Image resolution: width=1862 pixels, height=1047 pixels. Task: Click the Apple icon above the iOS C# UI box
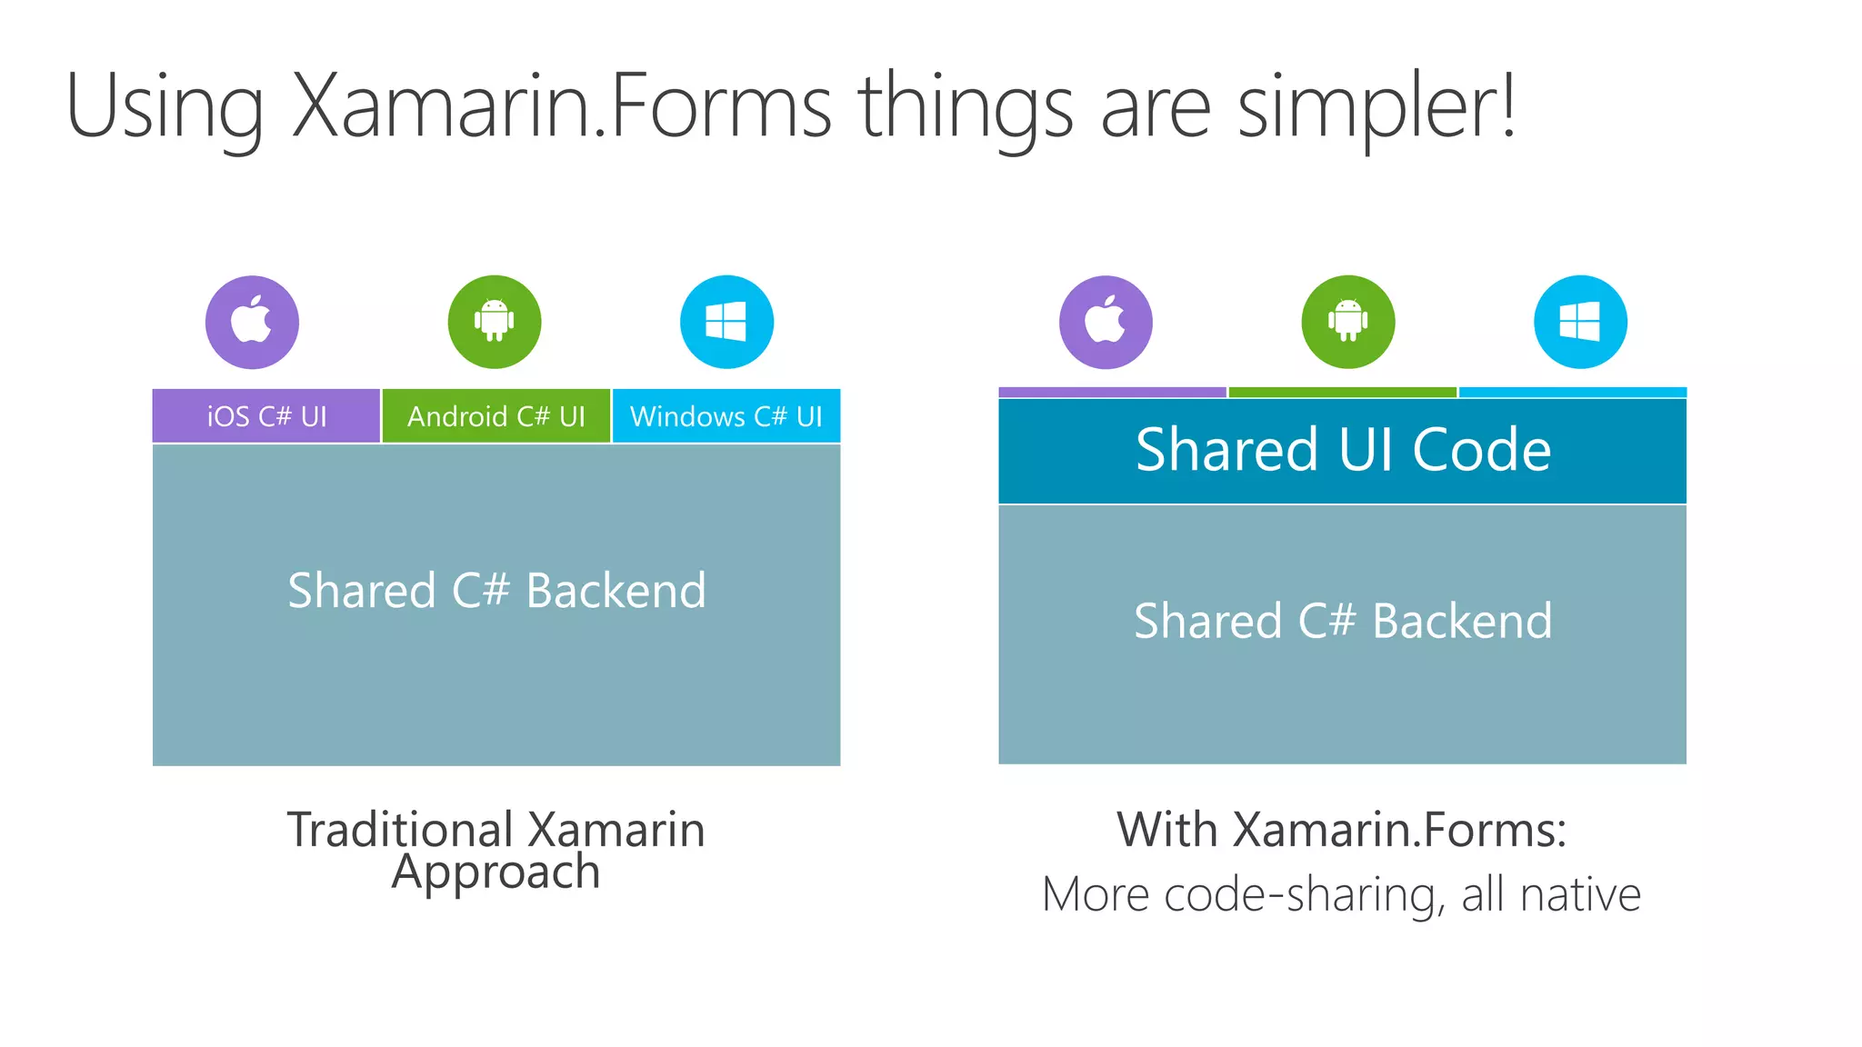252,322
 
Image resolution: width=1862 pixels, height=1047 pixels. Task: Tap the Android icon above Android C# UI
495,322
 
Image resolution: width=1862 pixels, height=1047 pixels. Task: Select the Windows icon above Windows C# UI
726,322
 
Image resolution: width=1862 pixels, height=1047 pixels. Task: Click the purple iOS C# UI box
266,416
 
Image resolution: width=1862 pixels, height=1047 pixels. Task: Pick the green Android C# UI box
496,416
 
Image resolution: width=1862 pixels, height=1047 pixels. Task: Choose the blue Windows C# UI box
726,416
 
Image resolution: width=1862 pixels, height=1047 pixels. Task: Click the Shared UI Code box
1342,450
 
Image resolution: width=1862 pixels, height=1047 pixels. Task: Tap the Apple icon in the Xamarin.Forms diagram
1106,322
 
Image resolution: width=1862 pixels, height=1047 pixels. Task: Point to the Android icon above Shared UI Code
1347,322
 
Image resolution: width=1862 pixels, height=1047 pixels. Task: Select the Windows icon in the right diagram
1580,322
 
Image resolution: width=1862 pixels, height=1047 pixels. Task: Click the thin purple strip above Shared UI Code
1112,393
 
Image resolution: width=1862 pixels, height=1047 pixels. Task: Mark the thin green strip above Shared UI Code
1342,393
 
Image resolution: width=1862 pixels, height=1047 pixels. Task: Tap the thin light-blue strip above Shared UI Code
1572,393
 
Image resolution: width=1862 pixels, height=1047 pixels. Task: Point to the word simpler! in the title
1376,106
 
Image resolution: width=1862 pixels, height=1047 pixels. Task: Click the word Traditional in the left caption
401,830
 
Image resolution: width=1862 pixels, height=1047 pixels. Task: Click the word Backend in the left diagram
616,591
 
